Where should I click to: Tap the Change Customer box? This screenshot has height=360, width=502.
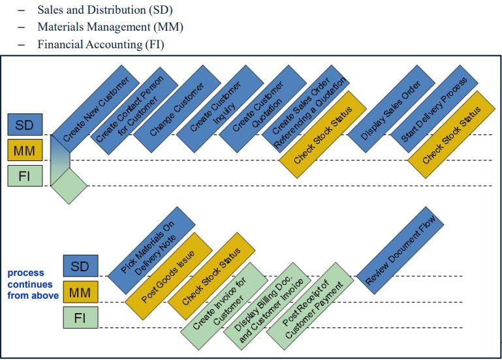177,108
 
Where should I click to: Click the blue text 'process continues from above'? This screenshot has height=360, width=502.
33,284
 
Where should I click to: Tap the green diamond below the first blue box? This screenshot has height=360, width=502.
69,185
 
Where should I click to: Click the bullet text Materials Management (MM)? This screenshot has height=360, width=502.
110,27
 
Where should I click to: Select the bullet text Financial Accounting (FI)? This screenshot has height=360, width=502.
101,44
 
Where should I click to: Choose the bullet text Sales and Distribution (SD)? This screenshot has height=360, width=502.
104,10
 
